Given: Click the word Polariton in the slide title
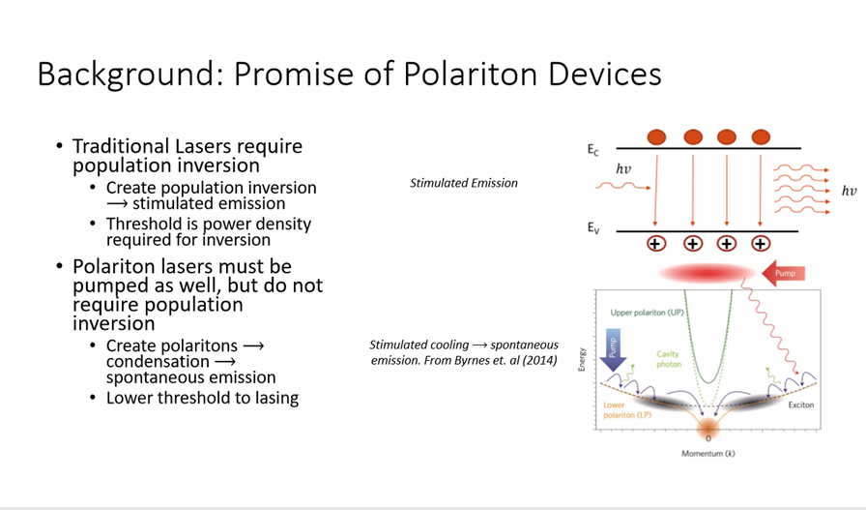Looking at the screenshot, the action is (470, 74).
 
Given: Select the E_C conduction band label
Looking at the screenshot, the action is (592, 150).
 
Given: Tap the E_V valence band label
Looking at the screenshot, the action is (593, 227).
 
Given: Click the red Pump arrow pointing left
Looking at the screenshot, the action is (783, 273).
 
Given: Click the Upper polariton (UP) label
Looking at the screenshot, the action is (647, 313).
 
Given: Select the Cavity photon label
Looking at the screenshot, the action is (669, 359).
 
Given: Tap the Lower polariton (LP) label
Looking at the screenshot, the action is (627, 410).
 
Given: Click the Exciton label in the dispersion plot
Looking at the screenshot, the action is (801, 405).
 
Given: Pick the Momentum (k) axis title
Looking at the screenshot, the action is (708, 454).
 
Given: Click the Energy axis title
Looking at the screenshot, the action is (582, 360).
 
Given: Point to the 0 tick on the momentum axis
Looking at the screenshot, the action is (708, 438).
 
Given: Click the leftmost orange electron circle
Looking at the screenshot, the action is (656, 137).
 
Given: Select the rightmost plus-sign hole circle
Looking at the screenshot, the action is (761, 243).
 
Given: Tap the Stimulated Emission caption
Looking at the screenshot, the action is (464, 183).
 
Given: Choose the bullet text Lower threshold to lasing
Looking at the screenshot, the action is (203, 398).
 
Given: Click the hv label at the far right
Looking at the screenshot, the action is (849, 192).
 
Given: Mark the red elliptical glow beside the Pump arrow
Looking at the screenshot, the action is (707, 273).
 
